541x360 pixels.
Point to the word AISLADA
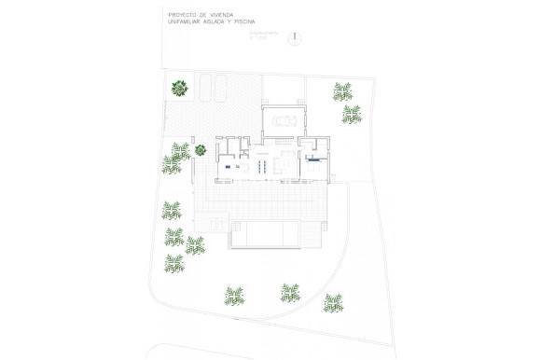click(x=229, y=22)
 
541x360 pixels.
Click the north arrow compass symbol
click(x=295, y=38)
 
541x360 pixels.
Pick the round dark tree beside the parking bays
click(x=179, y=89)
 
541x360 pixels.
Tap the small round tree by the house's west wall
click(x=200, y=148)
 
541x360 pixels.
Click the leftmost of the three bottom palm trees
click(x=234, y=298)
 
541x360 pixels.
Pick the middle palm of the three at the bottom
click(x=290, y=293)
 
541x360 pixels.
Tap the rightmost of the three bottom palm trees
click(x=333, y=301)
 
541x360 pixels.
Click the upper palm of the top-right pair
click(x=342, y=91)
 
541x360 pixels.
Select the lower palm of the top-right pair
click(x=352, y=114)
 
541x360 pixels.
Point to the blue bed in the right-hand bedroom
click(x=314, y=159)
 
